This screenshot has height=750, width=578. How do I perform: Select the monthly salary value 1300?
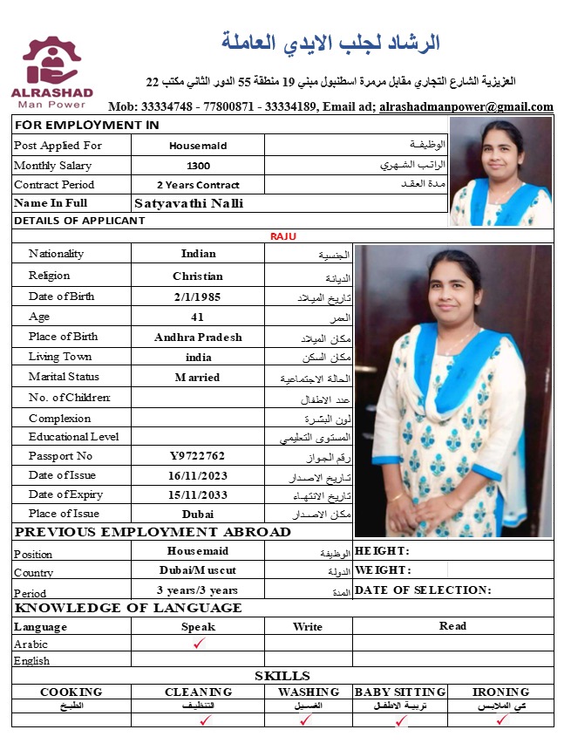click(198, 166)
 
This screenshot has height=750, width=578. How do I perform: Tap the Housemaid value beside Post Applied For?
click(198, 147)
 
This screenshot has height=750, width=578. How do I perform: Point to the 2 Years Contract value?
click(198, 185)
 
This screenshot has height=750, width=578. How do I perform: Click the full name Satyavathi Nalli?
click(189, 203)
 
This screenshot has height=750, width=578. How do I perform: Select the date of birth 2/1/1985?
click(198, 297)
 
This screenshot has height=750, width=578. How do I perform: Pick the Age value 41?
click(198, 317)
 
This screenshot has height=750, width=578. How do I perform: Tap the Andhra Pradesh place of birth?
click(198, 337)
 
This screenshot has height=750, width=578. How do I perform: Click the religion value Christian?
click(198, 276)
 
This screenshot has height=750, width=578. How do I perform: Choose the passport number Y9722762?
click(198, 456)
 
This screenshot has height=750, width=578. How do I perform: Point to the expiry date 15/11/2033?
click(198, 494)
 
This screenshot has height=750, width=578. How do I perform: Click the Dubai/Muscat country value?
click(198, 570)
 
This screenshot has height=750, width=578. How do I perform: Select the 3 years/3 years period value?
click(198, 590)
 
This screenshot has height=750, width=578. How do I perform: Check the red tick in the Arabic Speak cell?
click(199, 644)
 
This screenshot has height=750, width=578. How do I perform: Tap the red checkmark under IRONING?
click(501, 720)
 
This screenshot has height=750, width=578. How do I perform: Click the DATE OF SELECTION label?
click(423, 590)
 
